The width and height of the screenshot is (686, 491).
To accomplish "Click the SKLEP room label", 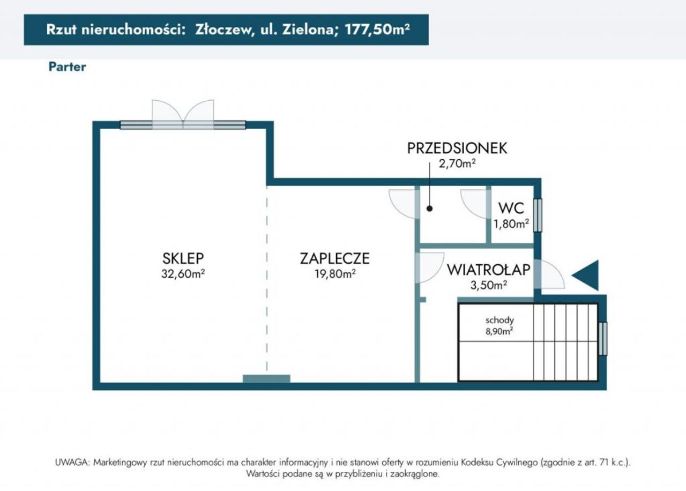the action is [x=183, y=258].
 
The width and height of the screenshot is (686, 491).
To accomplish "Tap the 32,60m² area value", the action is [x=183, y=273].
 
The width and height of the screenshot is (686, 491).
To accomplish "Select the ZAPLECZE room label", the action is [x=335, y=258].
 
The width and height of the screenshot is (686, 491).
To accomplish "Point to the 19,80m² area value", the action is [x=335, y=273].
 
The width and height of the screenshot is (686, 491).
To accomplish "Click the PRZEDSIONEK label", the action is [x=457, y=148].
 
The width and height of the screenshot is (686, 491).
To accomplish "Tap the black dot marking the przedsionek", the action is [x=429, y=209].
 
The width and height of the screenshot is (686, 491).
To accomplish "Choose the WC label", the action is [x=511, y=208].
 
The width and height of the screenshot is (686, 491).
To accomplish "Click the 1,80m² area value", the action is [x=511, y=224].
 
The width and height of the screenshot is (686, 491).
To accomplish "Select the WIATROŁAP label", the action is [x=488, y=270].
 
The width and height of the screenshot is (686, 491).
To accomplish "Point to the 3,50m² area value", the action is [x=488, y=285].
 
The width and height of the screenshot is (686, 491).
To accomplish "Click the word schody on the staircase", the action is [x=499, y=321].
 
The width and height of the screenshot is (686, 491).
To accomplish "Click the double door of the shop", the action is [x=183, y=115].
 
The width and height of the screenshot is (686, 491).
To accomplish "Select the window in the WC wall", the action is [x=538, y=215].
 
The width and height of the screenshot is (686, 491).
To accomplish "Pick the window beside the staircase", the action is [x=603, y=339].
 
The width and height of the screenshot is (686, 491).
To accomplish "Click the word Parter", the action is [x=67, y=67].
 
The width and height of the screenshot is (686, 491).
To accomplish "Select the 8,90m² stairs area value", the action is [x=499, y=331].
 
